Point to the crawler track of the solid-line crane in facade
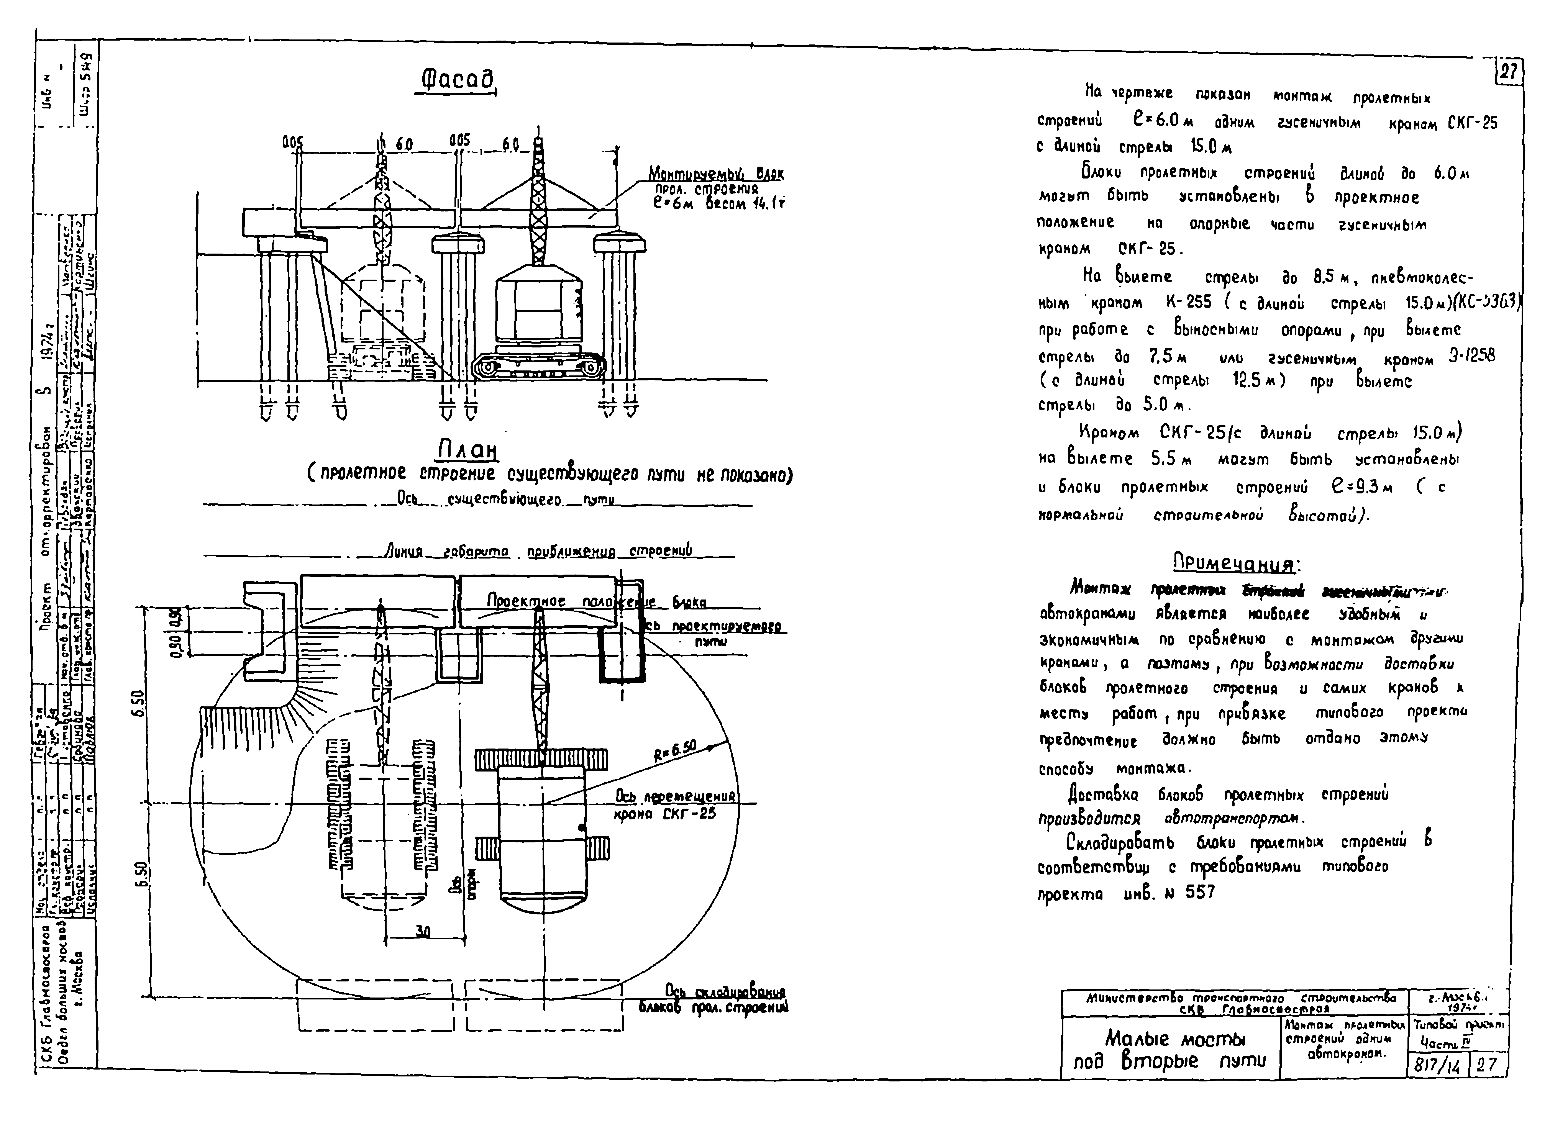pyautogui.click(x=539, y=367)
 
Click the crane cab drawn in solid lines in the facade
pyautogui.click(x=539, y=310)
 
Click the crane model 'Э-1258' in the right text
pyautogui.click(x=1471, y=355)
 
